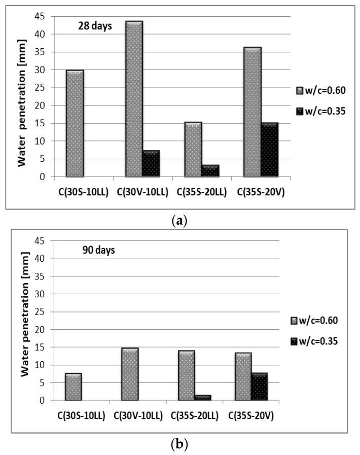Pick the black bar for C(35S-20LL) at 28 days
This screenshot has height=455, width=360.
coord(210,171)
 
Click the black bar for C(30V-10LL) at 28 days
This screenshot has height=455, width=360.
coord(151,163)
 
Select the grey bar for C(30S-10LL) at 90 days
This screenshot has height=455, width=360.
coord(74,387)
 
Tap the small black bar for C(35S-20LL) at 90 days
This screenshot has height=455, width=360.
coord(203,398)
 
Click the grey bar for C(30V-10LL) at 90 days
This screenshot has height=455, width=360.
coord(130,374)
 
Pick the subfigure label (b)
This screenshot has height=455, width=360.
coord(180,445)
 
